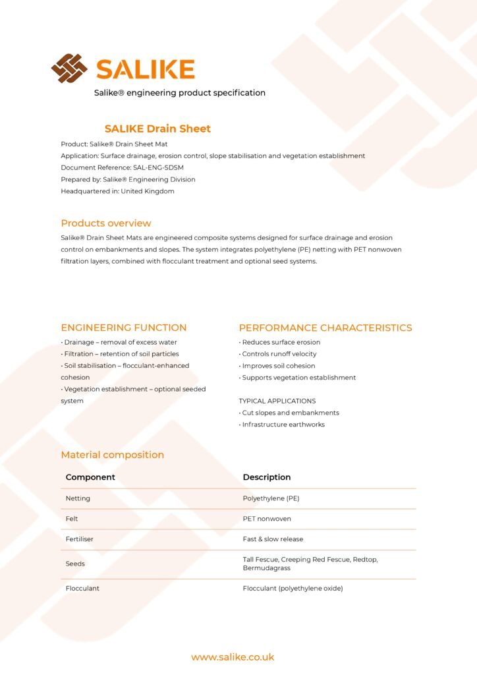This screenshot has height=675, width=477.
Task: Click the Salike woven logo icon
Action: (69, 69)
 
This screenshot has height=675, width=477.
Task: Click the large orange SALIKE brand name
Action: (145, 69)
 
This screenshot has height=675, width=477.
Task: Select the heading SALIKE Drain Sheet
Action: (157, 129)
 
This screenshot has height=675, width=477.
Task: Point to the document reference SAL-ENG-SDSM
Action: (158, 167)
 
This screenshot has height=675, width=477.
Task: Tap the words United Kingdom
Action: (148, 191)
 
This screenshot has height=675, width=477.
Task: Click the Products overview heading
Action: (106, 223)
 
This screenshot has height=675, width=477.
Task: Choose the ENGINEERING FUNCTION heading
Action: (124, 328)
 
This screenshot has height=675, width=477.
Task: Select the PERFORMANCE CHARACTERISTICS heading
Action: (325, 328)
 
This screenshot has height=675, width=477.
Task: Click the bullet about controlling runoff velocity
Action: (279, 354)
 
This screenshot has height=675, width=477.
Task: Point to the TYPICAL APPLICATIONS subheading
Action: (277, 401)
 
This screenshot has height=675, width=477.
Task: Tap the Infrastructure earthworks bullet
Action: (283, 425)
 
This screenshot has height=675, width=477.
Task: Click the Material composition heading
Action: (113, 455)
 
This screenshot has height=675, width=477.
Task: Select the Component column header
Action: (90, 477)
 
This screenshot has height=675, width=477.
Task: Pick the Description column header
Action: (267, 477)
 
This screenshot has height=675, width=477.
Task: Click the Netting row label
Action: (78, 498)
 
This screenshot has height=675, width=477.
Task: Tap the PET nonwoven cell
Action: (267, 519)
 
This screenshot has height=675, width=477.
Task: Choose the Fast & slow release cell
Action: (273, 539)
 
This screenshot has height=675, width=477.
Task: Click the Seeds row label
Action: (75, 564)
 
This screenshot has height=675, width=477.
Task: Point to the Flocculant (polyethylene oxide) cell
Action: (293, 588)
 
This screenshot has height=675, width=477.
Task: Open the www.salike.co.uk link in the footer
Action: (233, 657)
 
